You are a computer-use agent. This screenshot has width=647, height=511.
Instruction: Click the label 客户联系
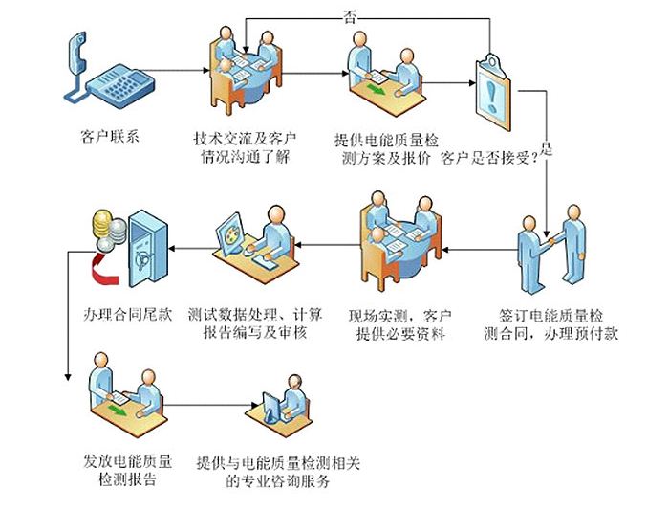pos(111,135)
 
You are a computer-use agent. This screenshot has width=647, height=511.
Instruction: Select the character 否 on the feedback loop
pos(351,16)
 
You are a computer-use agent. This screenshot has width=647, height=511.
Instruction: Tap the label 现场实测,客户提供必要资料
pos(400,323)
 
